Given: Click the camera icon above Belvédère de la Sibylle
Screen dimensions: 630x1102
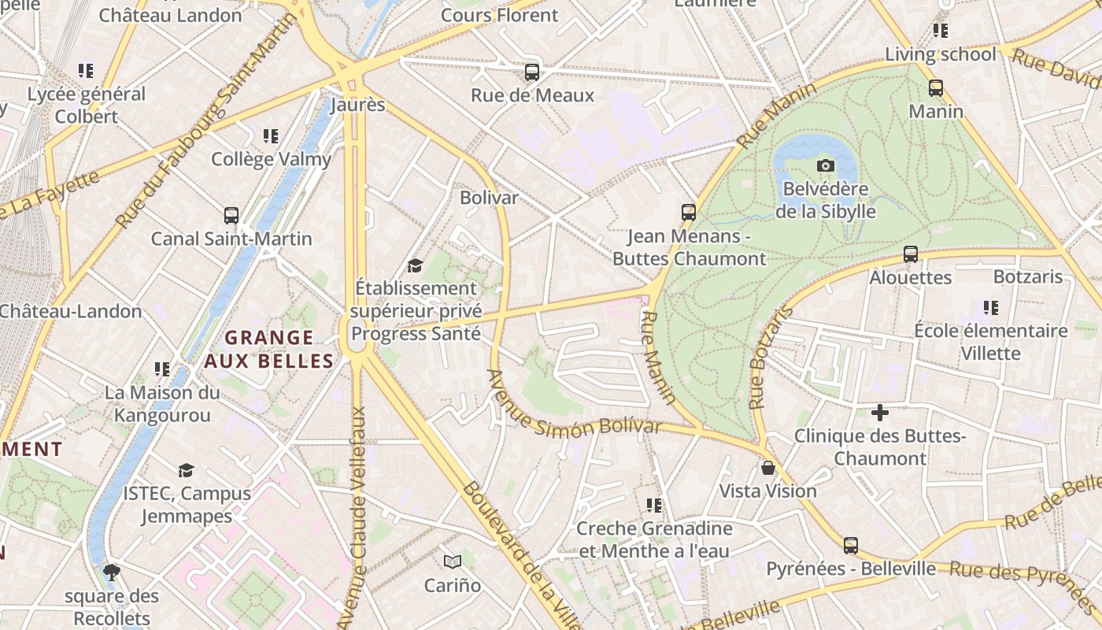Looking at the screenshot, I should (825, 165).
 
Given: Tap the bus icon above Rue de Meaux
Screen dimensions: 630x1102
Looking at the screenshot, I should (532, 72).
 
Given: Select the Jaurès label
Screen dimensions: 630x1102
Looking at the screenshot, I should (358, 105).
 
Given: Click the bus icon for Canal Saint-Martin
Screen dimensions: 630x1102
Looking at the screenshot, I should (231, 216).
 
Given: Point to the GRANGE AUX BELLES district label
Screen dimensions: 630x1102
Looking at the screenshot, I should (269, 349).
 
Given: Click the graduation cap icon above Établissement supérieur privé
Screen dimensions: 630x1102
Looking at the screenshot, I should (415, 265).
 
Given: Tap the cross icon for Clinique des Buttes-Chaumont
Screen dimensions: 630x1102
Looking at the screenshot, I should (880, 412).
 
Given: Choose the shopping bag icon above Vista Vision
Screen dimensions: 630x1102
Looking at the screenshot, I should (768, 468).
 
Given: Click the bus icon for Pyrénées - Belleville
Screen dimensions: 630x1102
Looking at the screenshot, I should (851, 545).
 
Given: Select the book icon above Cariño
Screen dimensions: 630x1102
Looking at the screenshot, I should (452, 561).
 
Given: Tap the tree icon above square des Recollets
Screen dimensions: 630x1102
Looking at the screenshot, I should (112, 572).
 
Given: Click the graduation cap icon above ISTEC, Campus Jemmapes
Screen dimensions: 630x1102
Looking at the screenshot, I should (186, 470).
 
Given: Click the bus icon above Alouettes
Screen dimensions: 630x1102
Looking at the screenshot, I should (911, 254).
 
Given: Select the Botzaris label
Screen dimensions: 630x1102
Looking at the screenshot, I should (1028, 277).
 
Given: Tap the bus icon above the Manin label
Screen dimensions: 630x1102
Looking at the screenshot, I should (936, 88).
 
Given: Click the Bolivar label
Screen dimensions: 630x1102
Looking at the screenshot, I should (489, 198).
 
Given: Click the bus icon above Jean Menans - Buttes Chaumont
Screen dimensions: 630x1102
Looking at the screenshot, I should (689, 213).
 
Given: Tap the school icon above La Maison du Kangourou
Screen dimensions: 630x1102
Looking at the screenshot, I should (162, 369).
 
